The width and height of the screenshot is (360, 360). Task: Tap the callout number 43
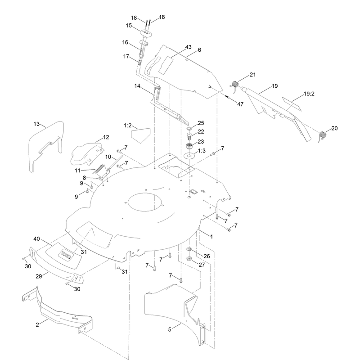pyautogui.click(x=188, y=47)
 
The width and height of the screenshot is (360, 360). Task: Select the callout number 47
pyautogui.click(x=240, y=104)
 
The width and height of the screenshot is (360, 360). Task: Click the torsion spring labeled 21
pyautogui.click(x=234, y=85)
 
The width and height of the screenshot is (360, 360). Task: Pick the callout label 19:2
pyautogui.click(x=309, y=94)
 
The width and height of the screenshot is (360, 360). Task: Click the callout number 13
pyautogui.click(x=36, y=124)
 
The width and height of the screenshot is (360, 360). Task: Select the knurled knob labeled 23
pyautogui.click(x=189, y=146)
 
